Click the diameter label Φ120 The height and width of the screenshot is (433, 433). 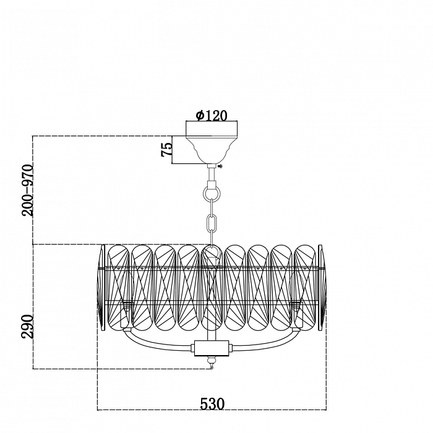click(211, 115)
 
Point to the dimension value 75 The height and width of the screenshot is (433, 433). click(166, 150)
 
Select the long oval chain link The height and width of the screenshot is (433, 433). click(212, 221)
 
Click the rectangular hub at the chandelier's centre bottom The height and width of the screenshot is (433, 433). click(212, 348)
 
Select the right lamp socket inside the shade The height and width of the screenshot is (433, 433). click(296, 305)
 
